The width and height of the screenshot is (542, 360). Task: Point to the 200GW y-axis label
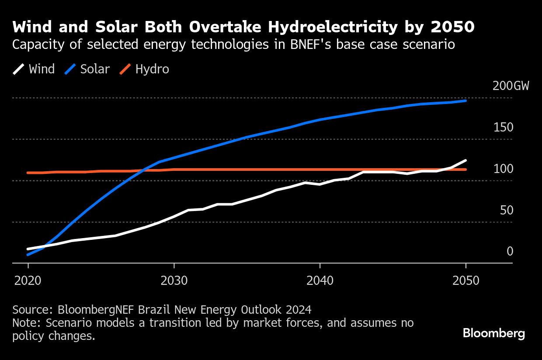pos(511,86)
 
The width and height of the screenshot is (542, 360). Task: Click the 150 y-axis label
pos(503,128)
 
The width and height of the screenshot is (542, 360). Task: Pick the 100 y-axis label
pos(503,169)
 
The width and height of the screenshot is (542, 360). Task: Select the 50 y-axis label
pos(507,211)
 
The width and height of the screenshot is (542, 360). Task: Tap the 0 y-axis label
pos(510,252)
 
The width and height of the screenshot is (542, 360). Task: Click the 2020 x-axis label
pos(28,280)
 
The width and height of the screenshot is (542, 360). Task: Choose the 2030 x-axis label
pos(174,280)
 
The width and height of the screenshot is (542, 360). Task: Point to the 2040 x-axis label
pos(320,280)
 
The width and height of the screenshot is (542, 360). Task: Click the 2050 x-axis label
pos(466,280)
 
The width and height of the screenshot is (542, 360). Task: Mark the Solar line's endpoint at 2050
pos(466,100)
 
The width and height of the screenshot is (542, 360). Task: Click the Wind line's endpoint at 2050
pos(466,160)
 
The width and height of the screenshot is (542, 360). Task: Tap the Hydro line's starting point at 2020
pos(28,173)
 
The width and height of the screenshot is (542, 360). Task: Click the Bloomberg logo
pos(494,334)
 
